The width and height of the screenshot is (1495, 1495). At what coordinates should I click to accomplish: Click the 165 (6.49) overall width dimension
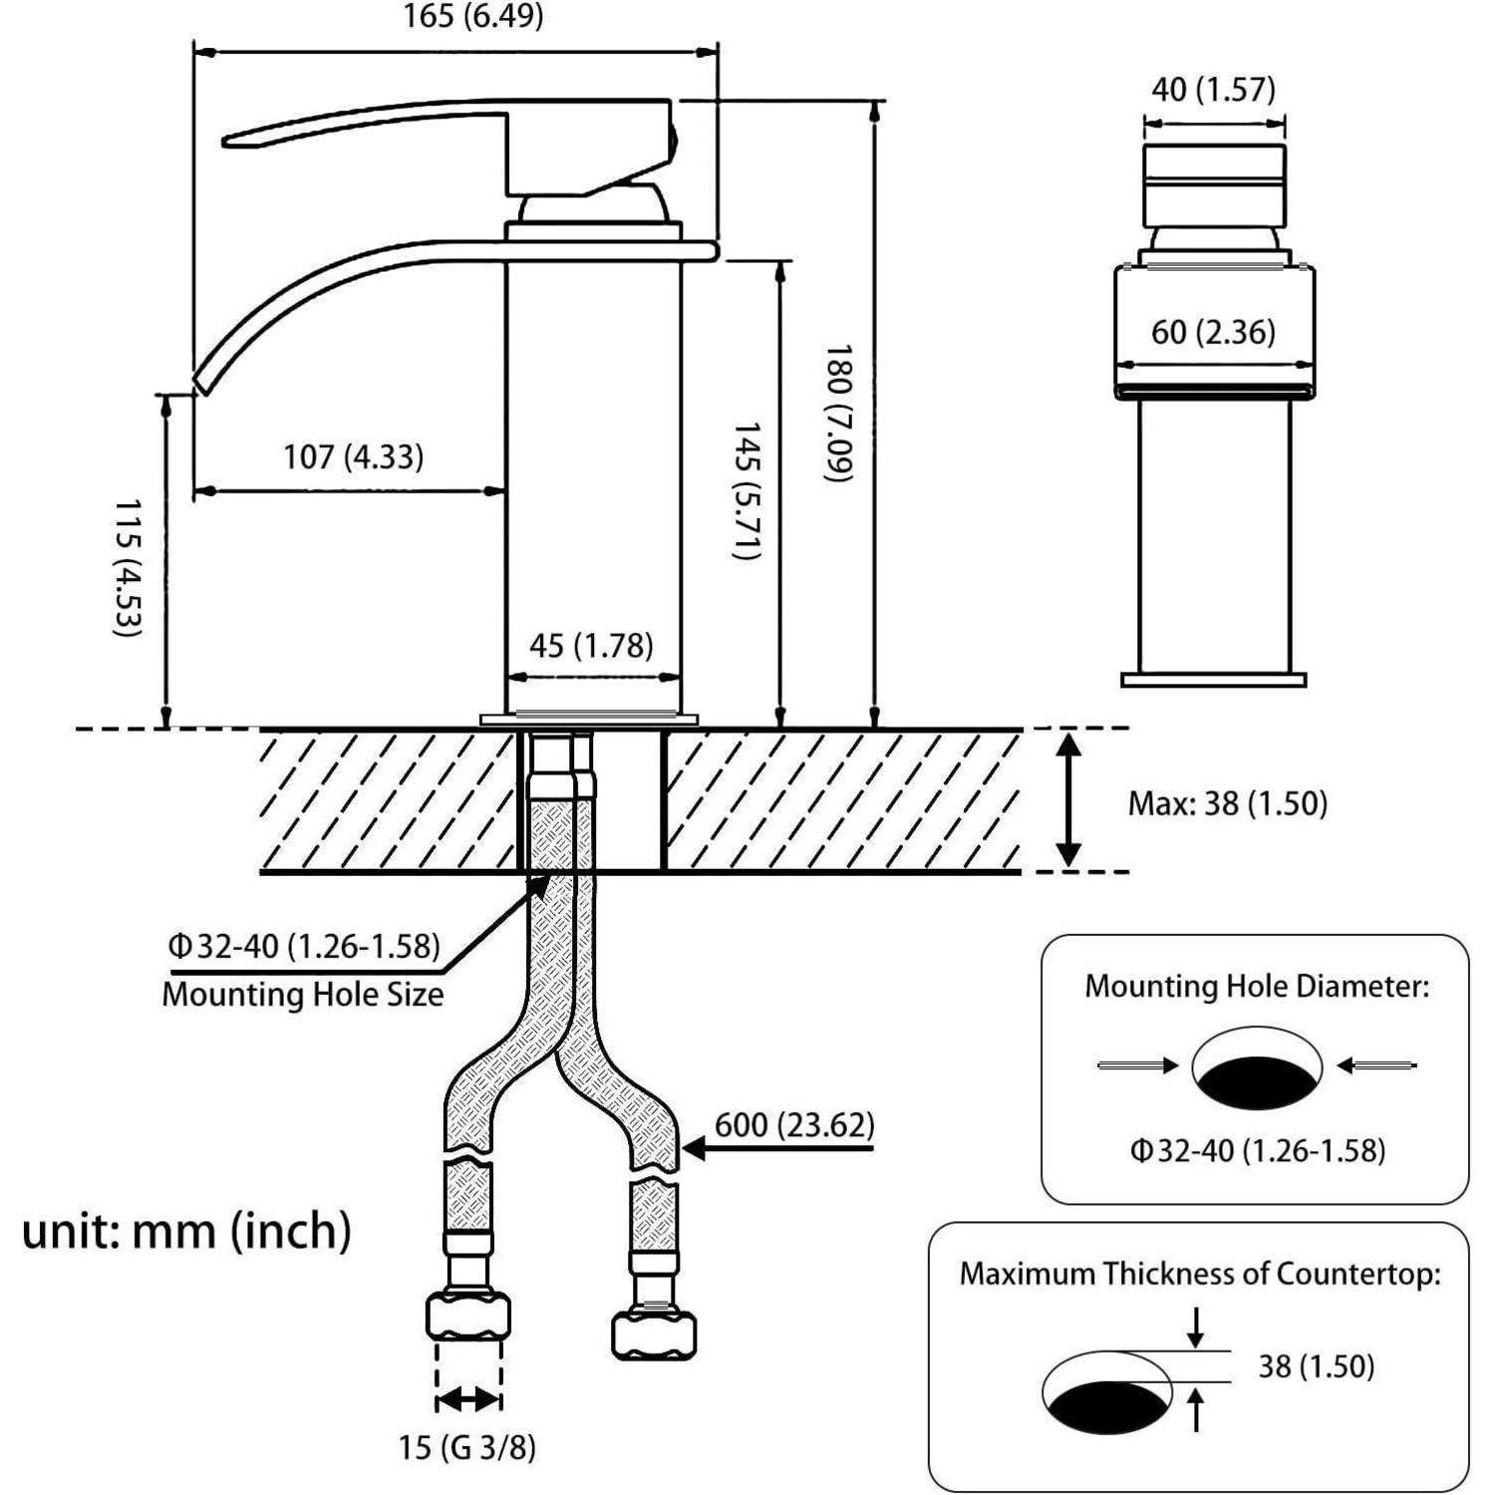473,17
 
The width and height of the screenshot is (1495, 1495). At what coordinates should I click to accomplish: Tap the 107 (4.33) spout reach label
354,457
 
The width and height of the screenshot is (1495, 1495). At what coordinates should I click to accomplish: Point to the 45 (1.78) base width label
591,646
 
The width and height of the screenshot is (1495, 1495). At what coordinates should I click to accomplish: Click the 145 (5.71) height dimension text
747,490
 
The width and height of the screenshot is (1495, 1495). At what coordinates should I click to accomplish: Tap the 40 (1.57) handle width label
1213,90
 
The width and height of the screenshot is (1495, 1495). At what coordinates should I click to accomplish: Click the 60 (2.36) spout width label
1213,332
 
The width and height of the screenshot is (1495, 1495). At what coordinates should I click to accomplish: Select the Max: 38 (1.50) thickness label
1228,803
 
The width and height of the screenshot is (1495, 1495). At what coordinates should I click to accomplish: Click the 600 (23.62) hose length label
794,1125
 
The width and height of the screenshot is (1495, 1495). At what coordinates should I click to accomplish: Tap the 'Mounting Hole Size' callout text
303,994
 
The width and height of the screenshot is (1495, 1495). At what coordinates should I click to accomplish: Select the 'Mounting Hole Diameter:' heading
1257,987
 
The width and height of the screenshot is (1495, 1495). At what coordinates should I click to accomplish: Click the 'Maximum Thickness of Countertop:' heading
1200,1274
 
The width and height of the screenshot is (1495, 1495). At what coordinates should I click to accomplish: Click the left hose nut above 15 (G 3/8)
467,1317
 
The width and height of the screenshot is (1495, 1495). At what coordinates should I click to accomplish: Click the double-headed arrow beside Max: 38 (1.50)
1068,800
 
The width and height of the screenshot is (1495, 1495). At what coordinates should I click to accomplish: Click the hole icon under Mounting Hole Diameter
1257,1067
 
